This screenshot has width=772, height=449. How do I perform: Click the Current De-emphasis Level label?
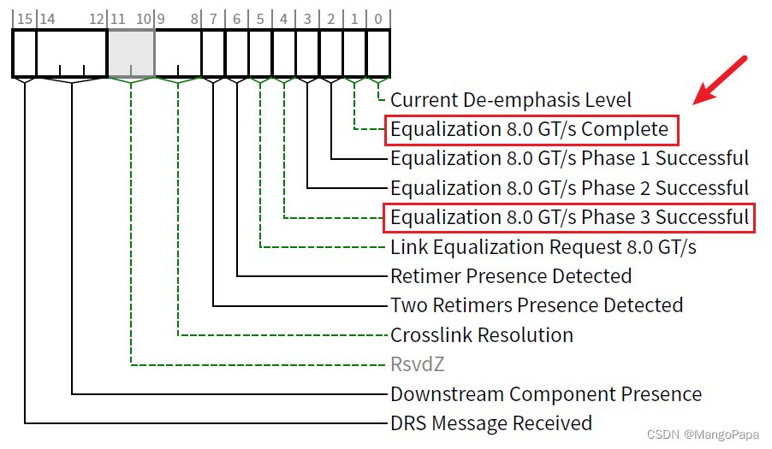point(511,100)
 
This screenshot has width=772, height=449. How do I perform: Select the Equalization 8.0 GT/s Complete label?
point(529,130)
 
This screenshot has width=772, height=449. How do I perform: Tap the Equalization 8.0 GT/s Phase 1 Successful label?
point(569,159)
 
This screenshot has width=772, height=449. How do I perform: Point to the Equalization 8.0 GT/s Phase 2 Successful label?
point(569,188)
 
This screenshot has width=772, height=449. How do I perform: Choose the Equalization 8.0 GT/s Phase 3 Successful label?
point(569,218)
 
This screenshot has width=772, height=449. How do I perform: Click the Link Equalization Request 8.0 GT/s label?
point(543,248)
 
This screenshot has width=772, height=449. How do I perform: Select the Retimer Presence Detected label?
point(511,276)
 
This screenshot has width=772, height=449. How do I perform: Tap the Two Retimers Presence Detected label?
point(537,305)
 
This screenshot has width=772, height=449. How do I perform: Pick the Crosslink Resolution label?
point(482,335)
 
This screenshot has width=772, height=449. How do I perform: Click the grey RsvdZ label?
point(418,365)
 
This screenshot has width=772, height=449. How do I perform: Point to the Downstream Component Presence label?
point(546,394)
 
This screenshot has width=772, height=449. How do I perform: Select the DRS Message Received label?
point(491,423)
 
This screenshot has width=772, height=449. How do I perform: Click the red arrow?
point(722,80)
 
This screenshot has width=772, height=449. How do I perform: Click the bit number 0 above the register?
point(378,19)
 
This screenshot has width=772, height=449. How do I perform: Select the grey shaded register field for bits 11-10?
point(130,53)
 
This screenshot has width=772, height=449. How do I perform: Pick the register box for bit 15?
point(24,53)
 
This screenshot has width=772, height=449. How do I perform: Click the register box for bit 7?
point(213,53)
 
